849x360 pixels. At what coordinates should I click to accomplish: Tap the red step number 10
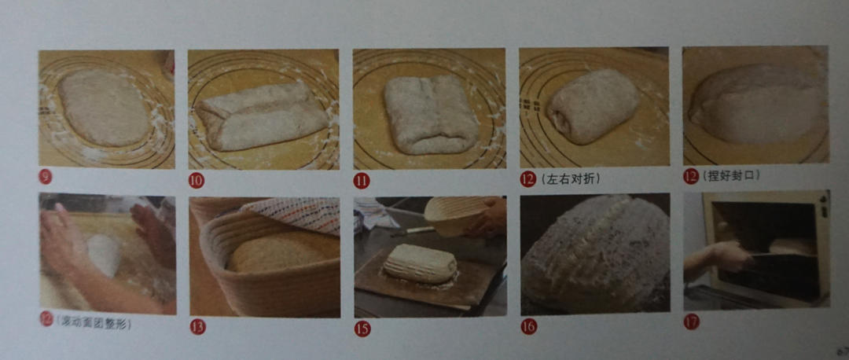[x=196, y=180]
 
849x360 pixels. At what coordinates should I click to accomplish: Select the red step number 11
[x=361, y=180]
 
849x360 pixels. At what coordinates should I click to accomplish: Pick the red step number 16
[x=528, y=325]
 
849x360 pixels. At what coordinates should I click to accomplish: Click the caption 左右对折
[x=571, y=179]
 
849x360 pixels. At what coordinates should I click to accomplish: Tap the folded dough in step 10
[x=261, y=116]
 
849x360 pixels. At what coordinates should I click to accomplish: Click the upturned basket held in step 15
[x=456, y=214]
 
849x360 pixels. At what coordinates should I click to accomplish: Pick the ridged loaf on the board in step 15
[x=419, y=263]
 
